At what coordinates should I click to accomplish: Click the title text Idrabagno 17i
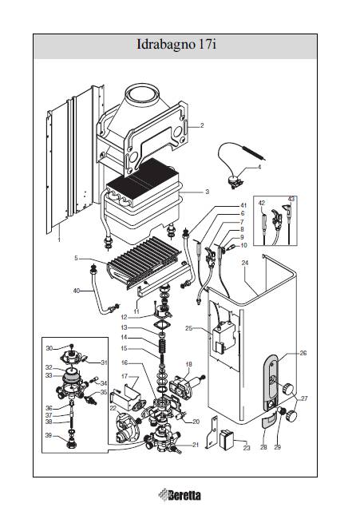point(176,45)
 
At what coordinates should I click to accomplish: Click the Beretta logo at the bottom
point(180,495)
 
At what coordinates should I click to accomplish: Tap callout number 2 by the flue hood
point(202,125)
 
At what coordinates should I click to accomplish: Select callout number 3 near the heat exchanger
point(208,192)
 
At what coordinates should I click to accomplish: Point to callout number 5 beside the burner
point(76,258)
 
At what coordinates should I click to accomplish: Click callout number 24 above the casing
point(245,263)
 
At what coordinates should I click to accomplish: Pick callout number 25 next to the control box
point(189,328)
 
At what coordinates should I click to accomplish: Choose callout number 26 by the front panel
point(303,353)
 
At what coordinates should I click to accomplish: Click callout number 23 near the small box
point(247,448)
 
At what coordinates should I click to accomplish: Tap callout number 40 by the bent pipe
point(77,291)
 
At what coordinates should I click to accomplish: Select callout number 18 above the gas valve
point(188,364)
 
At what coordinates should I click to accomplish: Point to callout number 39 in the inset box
point(48,436)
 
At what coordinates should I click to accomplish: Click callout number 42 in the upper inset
point(262,203)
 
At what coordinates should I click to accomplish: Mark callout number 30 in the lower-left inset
point(49,348)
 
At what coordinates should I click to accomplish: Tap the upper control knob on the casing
point(288,389)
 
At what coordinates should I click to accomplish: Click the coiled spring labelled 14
point(161,346)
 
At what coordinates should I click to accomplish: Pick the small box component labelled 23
point(227,439)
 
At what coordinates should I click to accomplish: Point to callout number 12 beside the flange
point(124,317)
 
